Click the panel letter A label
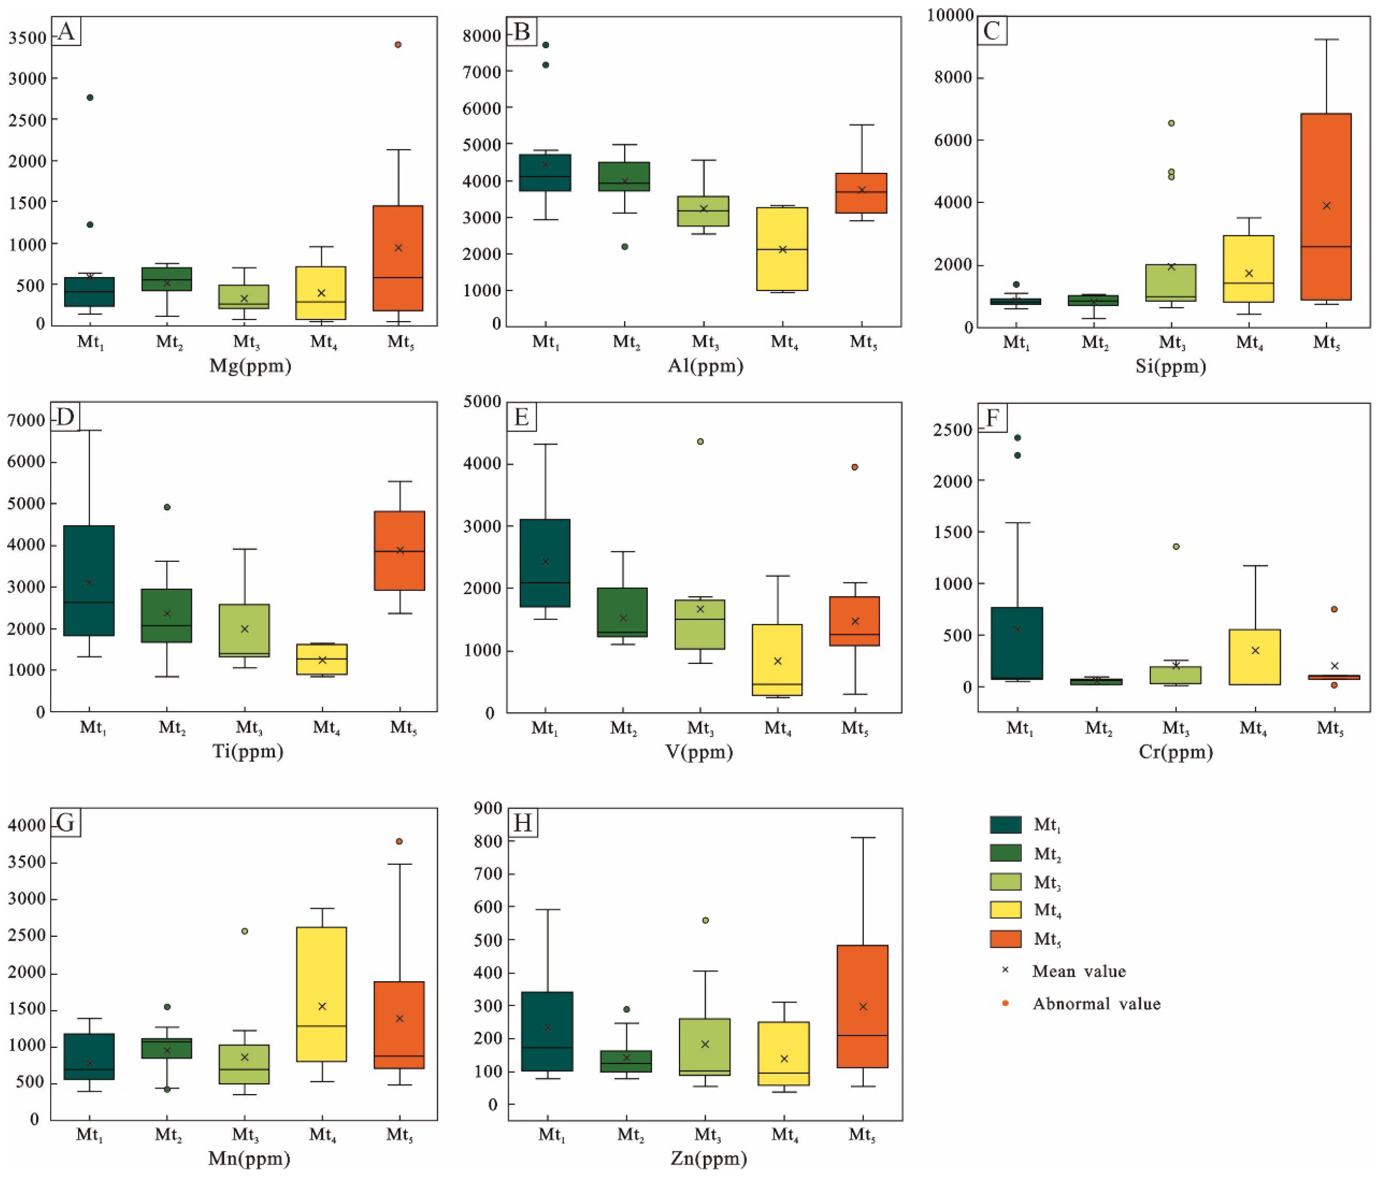(x=66, y=31)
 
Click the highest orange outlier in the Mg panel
(x=398, y=45)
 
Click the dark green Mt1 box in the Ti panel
(x=89, y=581)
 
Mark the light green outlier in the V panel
(x=700, y=442)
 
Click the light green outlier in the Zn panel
(x=705, y=920)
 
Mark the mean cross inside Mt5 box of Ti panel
(x=400, y=550)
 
